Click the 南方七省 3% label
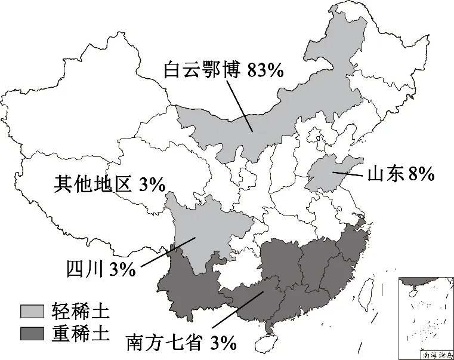click(181, 342)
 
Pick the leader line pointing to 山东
click(348, 175)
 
